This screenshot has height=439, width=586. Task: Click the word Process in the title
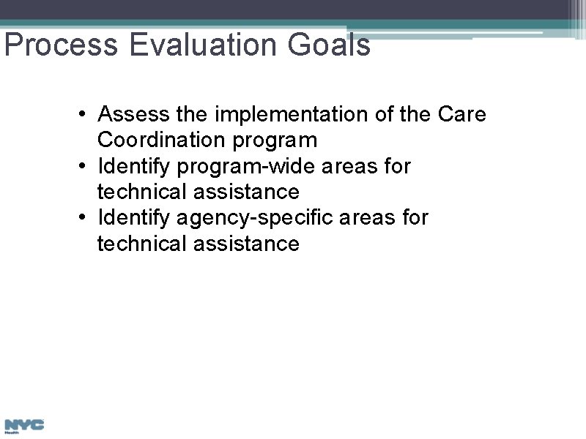tap(60, 45)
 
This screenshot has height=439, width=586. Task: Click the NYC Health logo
tap(24, 426)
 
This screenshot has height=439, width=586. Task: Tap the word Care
tap(461, 115)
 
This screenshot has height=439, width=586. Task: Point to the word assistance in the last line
tap(247, 244)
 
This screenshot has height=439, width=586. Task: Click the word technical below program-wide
tap(143, 192)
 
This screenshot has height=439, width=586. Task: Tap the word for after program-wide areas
tap(397, 167)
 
